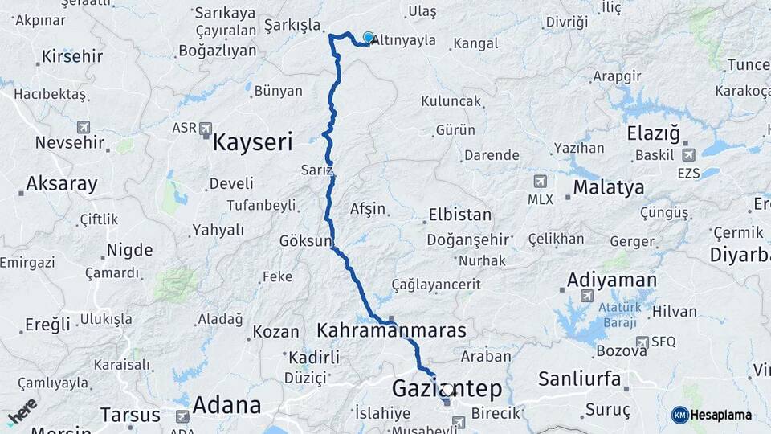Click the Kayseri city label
(251, 143)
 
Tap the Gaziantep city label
(447, 389)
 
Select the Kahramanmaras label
(392, 330)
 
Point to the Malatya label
(609, 188)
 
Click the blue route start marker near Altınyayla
(369, 38)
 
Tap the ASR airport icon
(206, 128)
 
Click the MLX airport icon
(540, 182)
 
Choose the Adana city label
(226, 405)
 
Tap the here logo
(22, 410)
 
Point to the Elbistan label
(459, 215)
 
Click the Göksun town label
(304, 241)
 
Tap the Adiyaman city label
(611, 280)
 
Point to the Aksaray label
(62, 184)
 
